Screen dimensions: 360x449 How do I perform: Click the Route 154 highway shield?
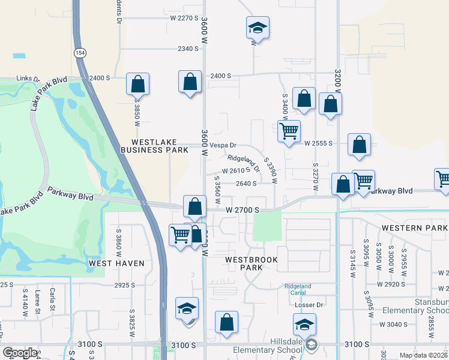(x=80, y=53)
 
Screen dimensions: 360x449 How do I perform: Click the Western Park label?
(x=414, y=229)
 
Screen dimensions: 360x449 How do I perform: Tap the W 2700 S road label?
(x=243, y=210)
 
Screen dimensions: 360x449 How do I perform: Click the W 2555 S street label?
(x=318, y=144)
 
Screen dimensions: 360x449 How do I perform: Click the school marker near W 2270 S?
(x=257, y=28)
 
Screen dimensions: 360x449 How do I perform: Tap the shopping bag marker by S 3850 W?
(x=137, y=84)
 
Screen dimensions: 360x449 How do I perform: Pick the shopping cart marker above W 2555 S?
(x=289, y=130)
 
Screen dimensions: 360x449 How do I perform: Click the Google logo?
(x=20, y=353)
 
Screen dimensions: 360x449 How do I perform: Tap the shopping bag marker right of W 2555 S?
(x=359, y=145)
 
